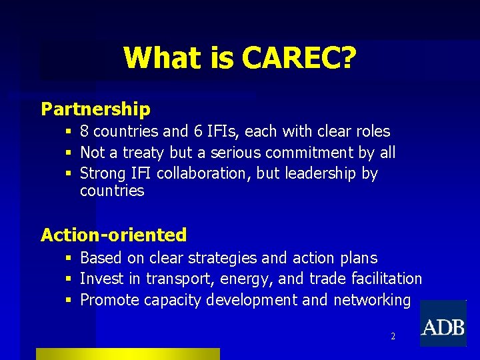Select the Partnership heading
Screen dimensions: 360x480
click(x=96, y=109)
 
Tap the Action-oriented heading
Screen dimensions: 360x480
click(x=113, y=235)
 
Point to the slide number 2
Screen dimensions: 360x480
click(x=393, y=337)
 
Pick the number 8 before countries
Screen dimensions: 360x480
click(x=85, y=131)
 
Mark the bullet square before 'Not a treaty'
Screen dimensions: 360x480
click(x=69, y=153)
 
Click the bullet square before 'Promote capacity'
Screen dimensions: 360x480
click(x=69, y=300)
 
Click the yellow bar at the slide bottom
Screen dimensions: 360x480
click(x=127, y=354)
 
